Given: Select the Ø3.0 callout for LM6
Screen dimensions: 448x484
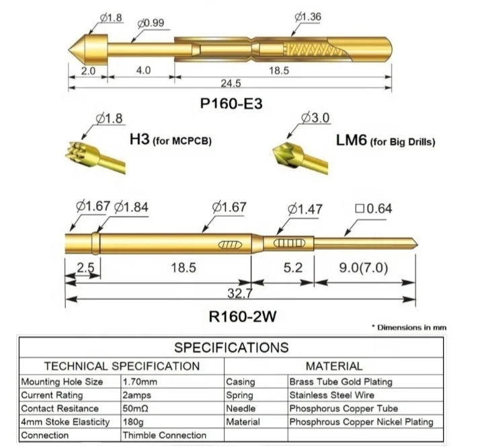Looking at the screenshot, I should (315, 118).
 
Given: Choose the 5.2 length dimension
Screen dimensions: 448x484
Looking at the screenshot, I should (294, 268).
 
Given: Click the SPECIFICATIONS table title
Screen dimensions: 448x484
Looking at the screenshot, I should (231, 348).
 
